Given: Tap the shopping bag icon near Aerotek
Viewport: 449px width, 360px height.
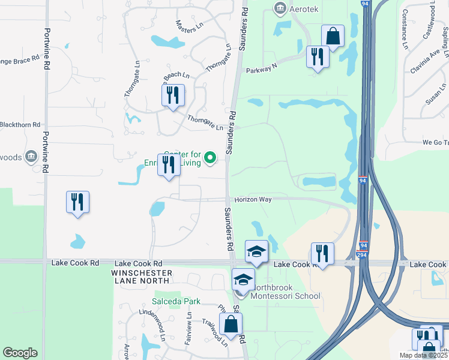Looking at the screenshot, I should pos(332,36).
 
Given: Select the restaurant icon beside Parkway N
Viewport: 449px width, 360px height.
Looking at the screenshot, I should pos(316,57).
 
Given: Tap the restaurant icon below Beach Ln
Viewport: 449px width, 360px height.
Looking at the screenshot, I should pos(173,95).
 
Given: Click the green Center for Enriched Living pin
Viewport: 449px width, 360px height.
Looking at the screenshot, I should pos(210,158).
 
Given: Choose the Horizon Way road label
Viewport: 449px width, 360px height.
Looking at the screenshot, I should pos(253,199).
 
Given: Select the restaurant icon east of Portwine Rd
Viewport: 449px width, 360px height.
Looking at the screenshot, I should pos(78,202).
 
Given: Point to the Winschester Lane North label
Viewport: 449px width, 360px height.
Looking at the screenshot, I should pos(142,277).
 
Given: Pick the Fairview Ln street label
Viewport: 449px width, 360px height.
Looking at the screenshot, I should pos(189,326).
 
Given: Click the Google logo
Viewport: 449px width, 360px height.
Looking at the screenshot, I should pos(20,353).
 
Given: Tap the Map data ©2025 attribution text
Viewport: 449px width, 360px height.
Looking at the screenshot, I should pos(423,355).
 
